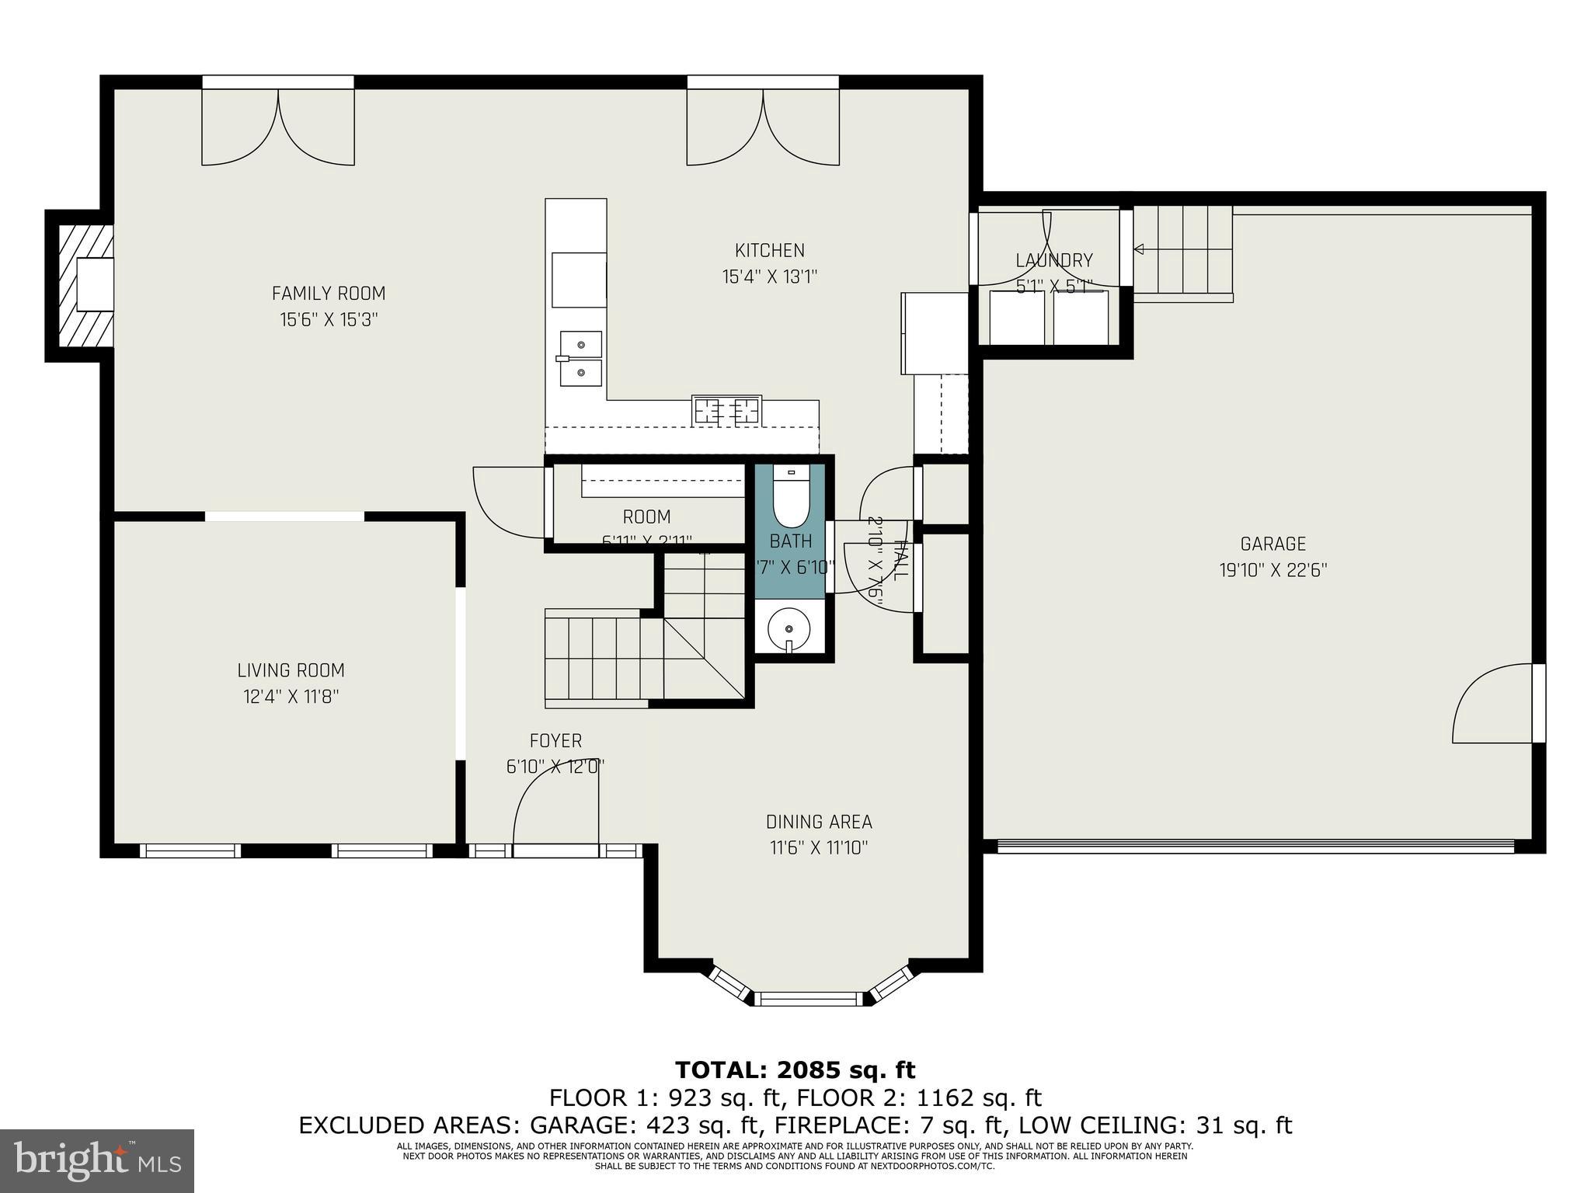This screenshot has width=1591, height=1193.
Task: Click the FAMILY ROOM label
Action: pyautogui.click(x=328, y=294)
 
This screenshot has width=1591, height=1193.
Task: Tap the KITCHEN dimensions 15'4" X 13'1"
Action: pyautogui.click(x=770, y=277)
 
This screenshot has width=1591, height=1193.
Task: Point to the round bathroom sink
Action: pyautogui.click(x=789, y=628)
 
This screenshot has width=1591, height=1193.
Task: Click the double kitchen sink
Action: pyautogui.click(x=580, y=358)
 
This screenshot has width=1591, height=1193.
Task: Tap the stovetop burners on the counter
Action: pyautogui.click(x=726, y=410)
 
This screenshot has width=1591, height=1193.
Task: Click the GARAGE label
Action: pyautogui.click(x=1272, y=544)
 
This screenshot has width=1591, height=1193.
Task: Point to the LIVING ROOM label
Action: pyautogui.click(x=291, y=670)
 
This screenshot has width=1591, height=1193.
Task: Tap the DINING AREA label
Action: pyautogui.click(x=819, y=822)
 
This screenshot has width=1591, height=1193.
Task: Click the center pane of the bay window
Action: pyautogui.click(x=810, y=998)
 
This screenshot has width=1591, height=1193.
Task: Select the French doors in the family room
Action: pyautogui.click(x=278, y=124)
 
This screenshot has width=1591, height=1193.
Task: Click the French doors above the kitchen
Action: pyautogui.click(x=763, y=124)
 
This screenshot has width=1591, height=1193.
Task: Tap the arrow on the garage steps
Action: pyautogui.click(x=1140, y=249)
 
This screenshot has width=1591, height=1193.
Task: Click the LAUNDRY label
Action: pyautogui.click(x=1053, y=261)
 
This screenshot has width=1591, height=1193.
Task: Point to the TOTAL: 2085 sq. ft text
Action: pyautogui.click(x=795, y=1070)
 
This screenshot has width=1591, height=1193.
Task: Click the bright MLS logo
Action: pyautogui.click(x=97, y=1160)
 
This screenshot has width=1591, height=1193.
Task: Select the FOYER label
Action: pyautogui.click(x=555, y=741)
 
